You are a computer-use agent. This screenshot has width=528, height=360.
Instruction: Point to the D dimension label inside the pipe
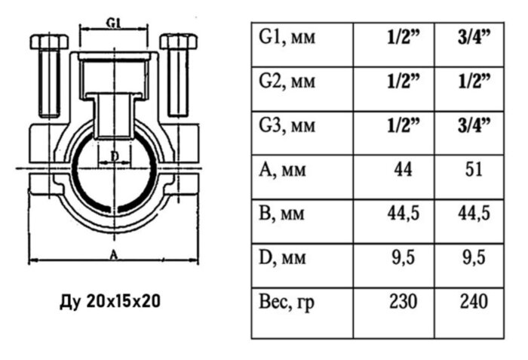point(115,155)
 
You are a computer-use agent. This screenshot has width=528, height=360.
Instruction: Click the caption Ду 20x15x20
point(109,301)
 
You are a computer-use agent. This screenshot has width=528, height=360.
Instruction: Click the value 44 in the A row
point(403,169)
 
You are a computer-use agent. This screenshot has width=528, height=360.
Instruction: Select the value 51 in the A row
point(473,169)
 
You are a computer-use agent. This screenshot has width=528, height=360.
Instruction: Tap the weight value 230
point(403,302)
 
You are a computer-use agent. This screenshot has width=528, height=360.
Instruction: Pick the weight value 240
point(473,302)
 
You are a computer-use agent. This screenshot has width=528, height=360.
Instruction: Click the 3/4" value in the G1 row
point(473,36)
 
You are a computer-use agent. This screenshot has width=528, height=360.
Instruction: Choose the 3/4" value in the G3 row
point(473,123)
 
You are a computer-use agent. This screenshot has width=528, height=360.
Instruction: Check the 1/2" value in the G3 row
point(403,123)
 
